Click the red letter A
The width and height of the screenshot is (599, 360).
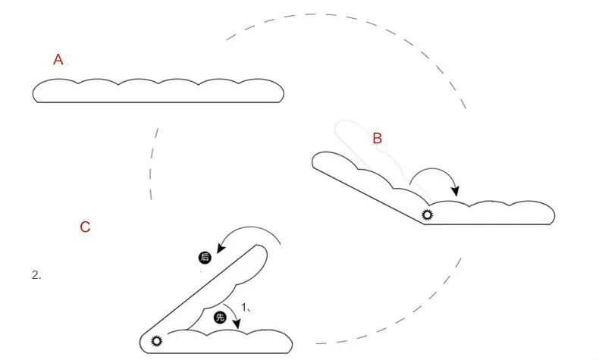point(58,60)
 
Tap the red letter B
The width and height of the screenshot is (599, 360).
point(377,138)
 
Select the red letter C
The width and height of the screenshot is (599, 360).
point(85,227)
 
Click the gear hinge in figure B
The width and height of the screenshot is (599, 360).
point(427,215)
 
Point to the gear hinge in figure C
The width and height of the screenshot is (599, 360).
point(157,341)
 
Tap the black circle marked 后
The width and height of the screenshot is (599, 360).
point(204,258)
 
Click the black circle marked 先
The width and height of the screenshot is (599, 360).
point(221,318)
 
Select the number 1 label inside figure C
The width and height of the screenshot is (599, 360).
point(245,306)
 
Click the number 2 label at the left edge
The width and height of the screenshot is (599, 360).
point(36,275)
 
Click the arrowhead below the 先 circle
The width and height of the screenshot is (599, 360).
point(237,326)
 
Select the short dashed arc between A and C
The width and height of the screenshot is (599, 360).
point(153,164)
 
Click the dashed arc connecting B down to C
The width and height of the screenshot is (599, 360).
point(425,311)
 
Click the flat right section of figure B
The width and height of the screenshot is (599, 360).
point(493,214)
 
